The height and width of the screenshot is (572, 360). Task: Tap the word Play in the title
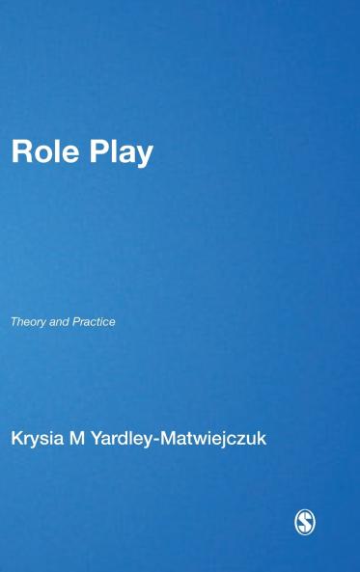coord(120,154)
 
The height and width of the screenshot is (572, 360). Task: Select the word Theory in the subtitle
coord(27,322)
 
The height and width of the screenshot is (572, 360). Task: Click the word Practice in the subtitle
coord(94,322)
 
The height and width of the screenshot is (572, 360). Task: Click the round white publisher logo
coord(305,522)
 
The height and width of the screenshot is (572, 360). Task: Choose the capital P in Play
coord(97,153)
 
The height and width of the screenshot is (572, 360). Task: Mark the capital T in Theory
coord(14,322)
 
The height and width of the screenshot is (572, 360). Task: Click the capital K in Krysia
coord(16,439)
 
